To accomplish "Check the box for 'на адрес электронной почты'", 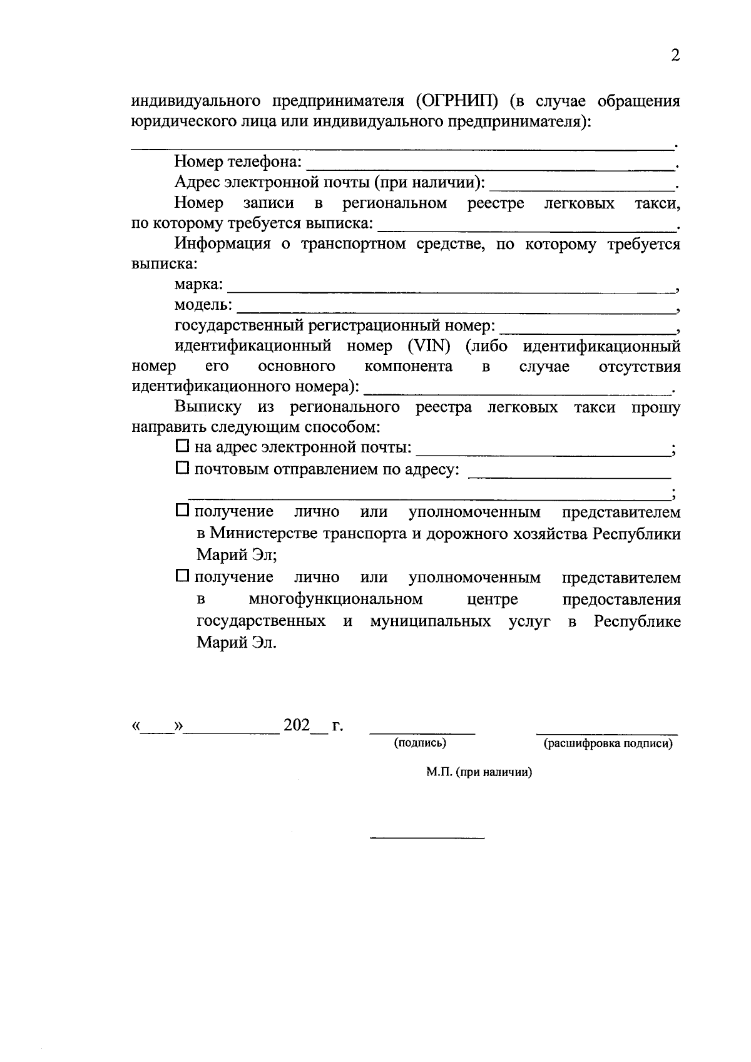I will pyautogui.click(x=182, y=446).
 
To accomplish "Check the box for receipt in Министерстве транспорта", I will pyautogui.click(x=182, y=511).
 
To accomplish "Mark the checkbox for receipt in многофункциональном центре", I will pyautogui.click(x=182, y=575).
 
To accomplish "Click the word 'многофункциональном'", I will pyautogui.click(x=335, y=600).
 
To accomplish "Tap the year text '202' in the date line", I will pyautogui.click(x=297, y=725).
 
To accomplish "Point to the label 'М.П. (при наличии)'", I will pyautogui.click(x=479, y=772).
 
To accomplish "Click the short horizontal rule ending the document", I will pyautogui.click(x=427, y=837).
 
